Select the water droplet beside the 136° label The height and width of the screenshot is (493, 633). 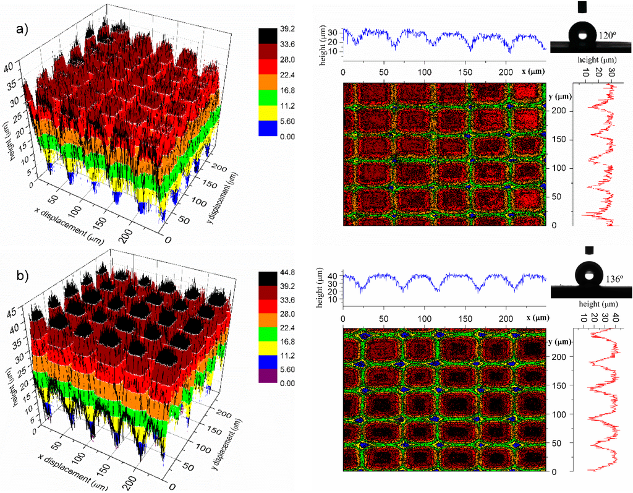(589, 273)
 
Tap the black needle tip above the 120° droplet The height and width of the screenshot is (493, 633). (582, 7)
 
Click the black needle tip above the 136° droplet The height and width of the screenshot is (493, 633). (588, 250)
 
